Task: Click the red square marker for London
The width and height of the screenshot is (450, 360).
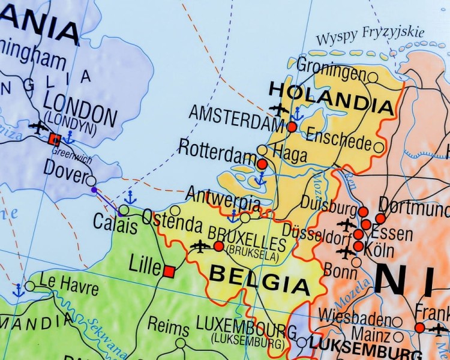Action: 55,140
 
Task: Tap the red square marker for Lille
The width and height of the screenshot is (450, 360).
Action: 169,271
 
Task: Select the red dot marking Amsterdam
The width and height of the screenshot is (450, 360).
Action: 292,127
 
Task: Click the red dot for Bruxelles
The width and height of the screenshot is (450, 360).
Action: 218,247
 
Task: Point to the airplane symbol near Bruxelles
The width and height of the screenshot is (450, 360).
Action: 199,246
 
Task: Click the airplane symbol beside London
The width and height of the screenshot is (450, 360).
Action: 38,127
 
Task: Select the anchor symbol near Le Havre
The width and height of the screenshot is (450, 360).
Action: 19,290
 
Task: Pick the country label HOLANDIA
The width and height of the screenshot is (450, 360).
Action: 332,97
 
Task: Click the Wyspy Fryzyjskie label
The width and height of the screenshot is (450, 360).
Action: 370,35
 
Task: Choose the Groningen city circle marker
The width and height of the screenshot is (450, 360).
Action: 373,77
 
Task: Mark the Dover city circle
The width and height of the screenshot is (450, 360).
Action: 91,181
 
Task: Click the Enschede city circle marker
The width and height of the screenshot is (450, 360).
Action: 379,147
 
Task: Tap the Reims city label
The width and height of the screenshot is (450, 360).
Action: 169,326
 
